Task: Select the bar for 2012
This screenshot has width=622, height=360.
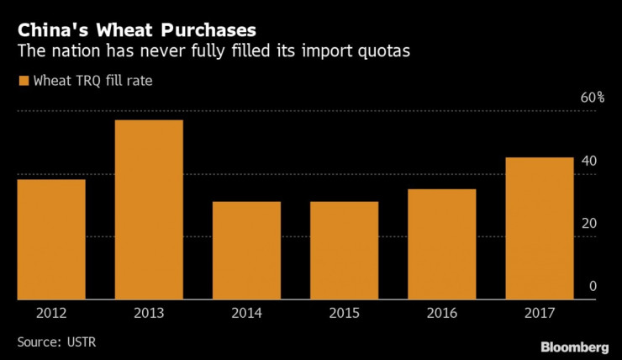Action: (50, 239)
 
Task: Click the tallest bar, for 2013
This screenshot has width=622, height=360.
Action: (148, 209)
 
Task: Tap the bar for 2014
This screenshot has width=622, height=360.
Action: (246, 250)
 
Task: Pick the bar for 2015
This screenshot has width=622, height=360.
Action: (344, 250)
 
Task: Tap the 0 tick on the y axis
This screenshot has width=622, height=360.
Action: (592, 287)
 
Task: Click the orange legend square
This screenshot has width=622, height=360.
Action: (22, 82)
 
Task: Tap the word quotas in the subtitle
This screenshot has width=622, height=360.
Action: (383, 51)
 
